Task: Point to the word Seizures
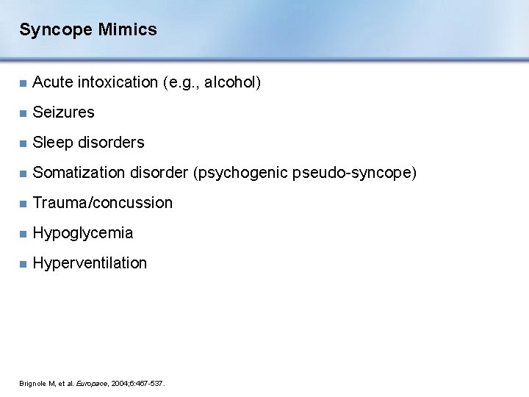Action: point(64,112)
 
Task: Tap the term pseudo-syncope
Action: point(353,173)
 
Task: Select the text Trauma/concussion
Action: point(103,203)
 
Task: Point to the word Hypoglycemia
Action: point(83,233)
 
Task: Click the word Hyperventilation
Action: point(90,263)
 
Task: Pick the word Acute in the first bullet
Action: point(51,82)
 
